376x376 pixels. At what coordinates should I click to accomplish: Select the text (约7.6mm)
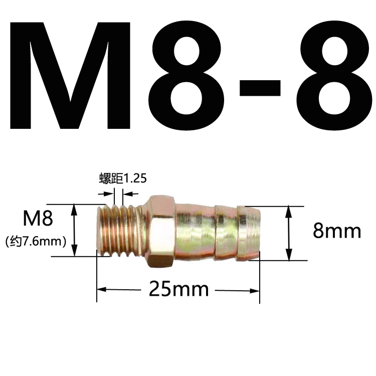coord(36,242)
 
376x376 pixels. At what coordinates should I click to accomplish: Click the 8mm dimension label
coord(336,231)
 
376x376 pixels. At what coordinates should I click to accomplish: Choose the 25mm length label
coord(178,289)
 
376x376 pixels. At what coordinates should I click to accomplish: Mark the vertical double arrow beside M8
coord(75,230)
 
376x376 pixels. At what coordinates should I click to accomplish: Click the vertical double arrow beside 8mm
coord(289,233)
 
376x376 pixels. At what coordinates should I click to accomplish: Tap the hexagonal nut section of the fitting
coord(161,231)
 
